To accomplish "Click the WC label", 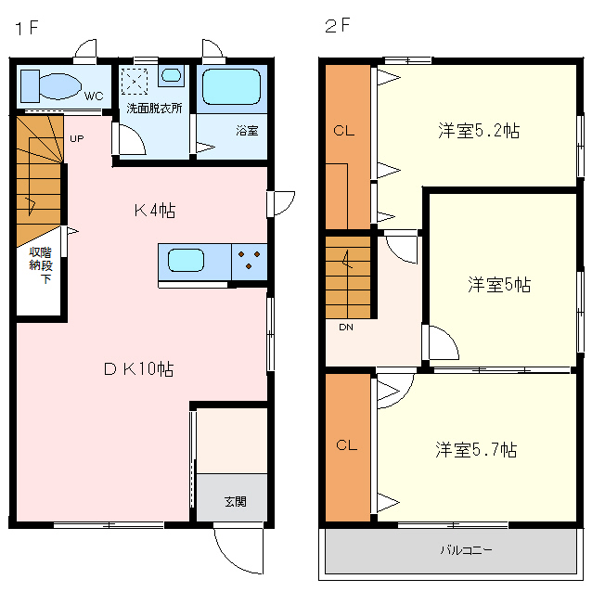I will (94, 95).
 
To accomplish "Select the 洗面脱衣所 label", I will (154, 107).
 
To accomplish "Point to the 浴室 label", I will (246, 131).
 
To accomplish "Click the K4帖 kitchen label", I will (154, 211).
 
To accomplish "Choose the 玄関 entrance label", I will (235, 502).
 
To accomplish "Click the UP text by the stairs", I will (76, 139).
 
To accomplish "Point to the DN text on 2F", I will (344, 327).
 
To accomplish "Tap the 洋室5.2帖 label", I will (478, 131).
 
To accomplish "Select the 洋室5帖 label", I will (498, 285).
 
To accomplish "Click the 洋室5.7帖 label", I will (476, 450).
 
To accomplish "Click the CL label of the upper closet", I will (344, 131).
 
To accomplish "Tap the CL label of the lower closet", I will (346, 445).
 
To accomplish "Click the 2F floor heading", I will (337, 26).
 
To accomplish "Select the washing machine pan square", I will (136, 82).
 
